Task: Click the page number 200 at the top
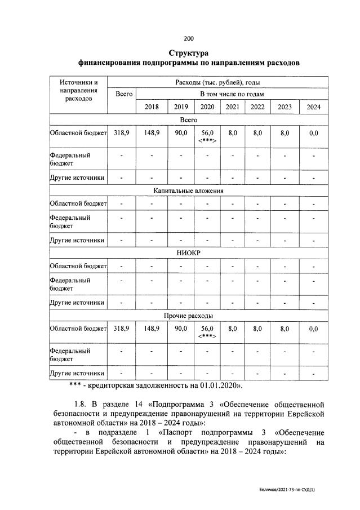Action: click(x=189, y=38)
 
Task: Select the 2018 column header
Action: click(x=152, y=107)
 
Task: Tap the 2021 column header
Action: click(x=232, y=107)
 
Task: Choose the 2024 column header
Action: click(x=313, y=107)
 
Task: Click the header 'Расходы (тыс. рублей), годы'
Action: click(x=217, y=82)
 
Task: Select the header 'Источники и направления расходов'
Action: click(x=78, y=90)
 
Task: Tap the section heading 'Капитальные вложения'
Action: click(x=189, y=191)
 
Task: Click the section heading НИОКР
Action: click(x=189, y=252)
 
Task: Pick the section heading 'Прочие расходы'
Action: click(x=189, y=314)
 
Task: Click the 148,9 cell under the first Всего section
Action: click(x=152, y=133)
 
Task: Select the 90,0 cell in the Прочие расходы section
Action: click(x=180, y=328)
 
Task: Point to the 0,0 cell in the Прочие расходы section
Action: click(x=313, y=329)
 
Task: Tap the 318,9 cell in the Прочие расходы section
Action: click(x=121, y=328)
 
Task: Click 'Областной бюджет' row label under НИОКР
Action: click(x=78, y=266)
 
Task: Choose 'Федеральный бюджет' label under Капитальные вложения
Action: click(x=70, y=221)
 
